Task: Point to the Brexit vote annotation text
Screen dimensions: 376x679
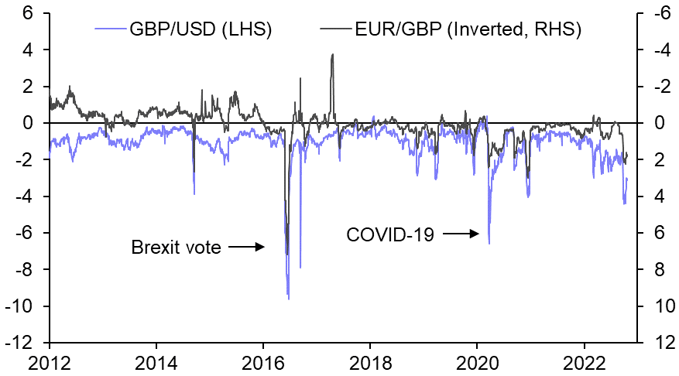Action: click(x=176, y=248)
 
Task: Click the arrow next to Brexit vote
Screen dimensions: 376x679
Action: click(x=248, y=248)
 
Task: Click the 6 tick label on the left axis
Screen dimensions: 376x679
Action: click(x=28, y=13)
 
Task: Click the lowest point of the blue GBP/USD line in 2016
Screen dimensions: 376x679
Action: click(x=289, y=299)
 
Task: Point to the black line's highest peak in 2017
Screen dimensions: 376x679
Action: click(x=332, y=54)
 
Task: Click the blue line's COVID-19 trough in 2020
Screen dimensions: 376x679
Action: click(x=489, y=244)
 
